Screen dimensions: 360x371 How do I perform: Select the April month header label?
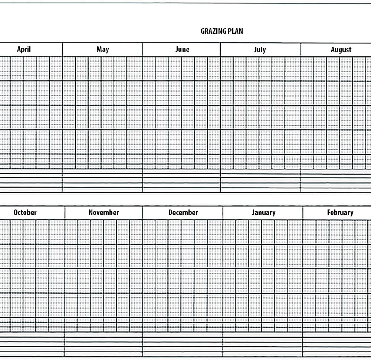click(24, 49)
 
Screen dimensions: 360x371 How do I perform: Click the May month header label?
click(103, 49)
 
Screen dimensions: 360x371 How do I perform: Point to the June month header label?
click(182, 49)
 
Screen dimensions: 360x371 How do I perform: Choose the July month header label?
click(260, 49)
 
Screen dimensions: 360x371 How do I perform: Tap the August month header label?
click(341, 50)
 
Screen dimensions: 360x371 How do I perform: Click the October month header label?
click(25, 212)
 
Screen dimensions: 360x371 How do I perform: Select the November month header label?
click(104, 212)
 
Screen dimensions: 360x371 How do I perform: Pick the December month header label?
click(183, 212)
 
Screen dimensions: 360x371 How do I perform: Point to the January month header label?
click(263, 212)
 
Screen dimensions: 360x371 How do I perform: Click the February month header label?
click(340, 212)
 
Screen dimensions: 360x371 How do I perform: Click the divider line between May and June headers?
click(142, 49)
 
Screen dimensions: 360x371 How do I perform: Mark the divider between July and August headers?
click(301, 49)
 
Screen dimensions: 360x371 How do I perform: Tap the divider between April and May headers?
click(62, 49)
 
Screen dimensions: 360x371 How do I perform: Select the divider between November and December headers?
click(142, 212)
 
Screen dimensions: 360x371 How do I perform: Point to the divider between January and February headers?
click(302, 212)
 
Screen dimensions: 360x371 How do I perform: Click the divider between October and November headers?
click(65, 212)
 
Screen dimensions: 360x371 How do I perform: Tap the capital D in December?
click(170, 212)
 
